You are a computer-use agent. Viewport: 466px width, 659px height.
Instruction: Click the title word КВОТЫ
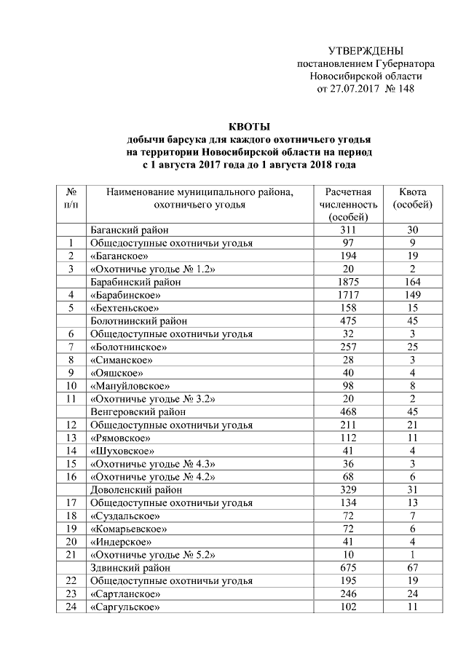[x=249, y=126]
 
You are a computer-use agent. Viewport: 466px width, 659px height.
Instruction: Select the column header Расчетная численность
[x=348, y=204]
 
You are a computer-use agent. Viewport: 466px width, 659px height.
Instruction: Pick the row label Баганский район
[x=126, y=229]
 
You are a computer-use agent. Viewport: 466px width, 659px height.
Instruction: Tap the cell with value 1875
[x=348, y=282]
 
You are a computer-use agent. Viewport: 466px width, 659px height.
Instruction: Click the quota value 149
[x=412, y=295]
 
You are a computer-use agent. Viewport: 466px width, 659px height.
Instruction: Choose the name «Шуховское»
[x=117, y=451]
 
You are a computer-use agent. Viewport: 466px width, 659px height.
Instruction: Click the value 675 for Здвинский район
[x=348, y=568]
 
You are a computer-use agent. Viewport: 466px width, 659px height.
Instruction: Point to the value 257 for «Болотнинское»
[x=348, y=347]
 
